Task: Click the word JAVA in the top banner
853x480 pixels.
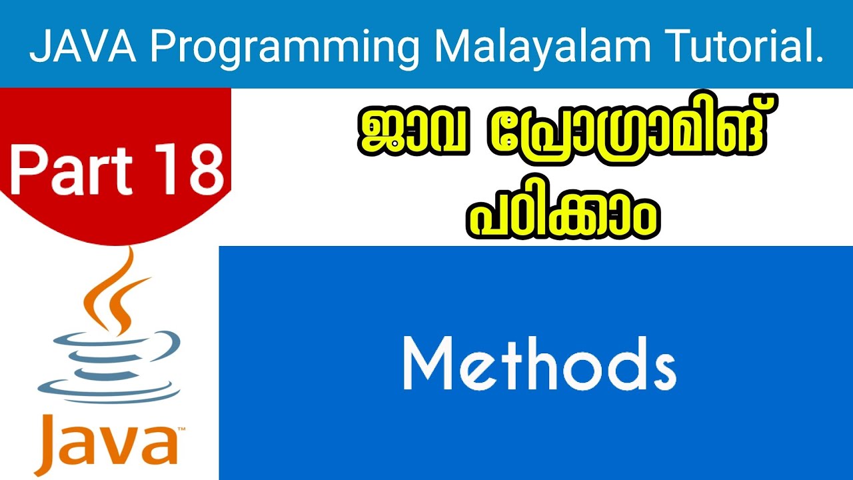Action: [x=81, y=49]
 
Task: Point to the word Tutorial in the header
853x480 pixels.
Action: [x=746, y=49]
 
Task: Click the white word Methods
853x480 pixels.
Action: [x=539, y=364]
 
